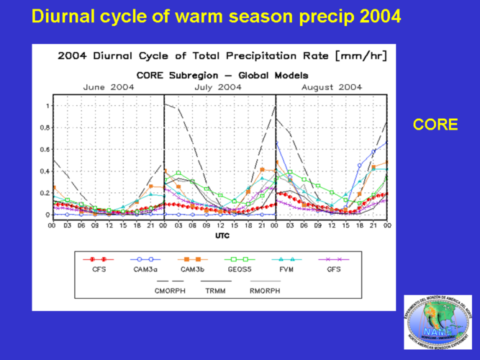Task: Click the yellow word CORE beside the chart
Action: pos(435,125)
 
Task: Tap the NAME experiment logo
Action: pos(438,323)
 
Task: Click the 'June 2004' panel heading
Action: pos(109,87)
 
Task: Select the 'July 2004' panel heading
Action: pos(218,87)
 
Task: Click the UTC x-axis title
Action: pos(222,235)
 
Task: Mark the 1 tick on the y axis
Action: pos(47,107)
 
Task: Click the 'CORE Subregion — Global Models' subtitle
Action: pos(222,75)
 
